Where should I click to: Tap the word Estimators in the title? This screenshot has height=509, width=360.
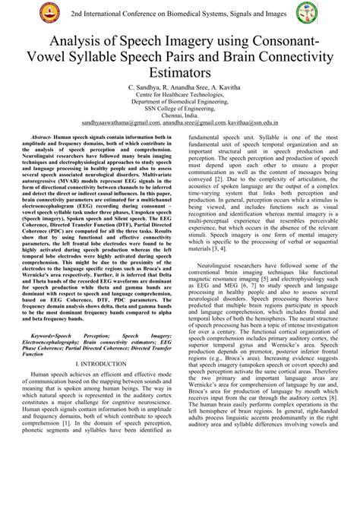click(180, 73)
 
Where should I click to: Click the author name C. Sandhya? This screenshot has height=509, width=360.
click(151, 89)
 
